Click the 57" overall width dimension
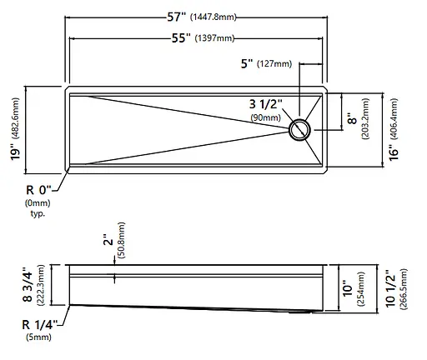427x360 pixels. (176, 17)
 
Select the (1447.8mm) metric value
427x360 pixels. (213, 17)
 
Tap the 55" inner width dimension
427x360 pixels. (182, 38)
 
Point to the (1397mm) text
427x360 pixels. (214, 38)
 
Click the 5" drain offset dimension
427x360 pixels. (247, 63)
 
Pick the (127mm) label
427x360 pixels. (274, 64)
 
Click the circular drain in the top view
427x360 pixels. (299, 130)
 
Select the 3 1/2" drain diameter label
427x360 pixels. (265, 104)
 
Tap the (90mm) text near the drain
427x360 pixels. (265, 117)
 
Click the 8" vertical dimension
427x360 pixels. (352, 118)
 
